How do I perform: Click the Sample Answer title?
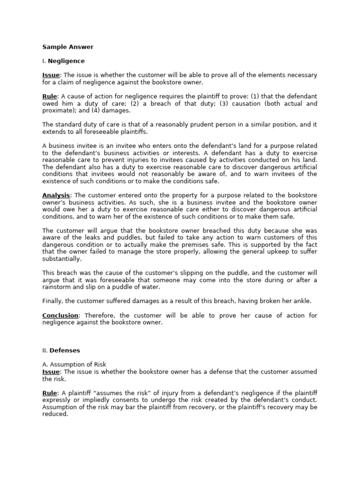click(68, 47)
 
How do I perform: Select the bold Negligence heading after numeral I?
click(67, 61)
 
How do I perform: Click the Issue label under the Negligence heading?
click(51, 75)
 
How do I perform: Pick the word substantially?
click(61, 259)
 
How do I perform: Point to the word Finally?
click(53, 301)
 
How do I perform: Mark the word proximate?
click(58, 111)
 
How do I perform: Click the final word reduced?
click(55, 414)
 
